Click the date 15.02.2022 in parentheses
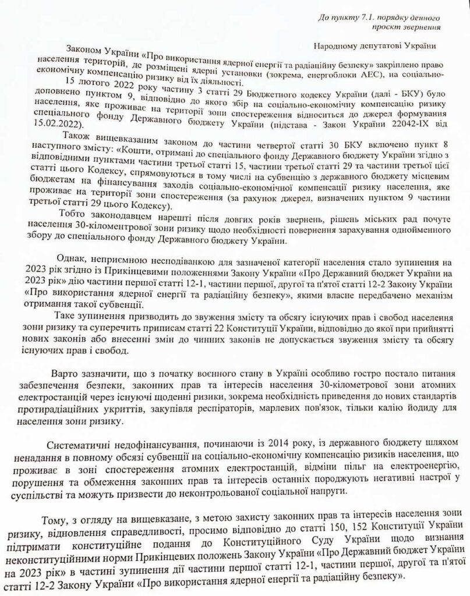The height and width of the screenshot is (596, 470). coord(58,126)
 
